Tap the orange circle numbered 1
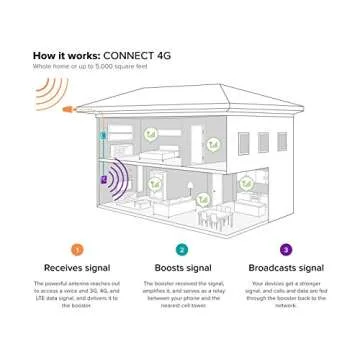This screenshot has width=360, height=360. [77, 249]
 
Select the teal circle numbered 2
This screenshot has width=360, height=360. [181, 249]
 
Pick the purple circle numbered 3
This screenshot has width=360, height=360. [286, 249]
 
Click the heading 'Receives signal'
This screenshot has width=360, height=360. [77, 267]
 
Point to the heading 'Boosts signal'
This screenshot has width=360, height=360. [181, 267]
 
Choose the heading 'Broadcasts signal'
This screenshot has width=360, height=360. [286, 267]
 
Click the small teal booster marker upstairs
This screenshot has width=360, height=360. [102, 135]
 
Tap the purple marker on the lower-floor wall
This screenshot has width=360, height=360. [102, 179]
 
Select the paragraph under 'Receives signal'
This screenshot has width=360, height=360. [77, 295]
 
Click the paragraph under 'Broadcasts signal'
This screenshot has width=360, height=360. [286, 295]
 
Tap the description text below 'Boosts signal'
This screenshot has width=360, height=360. [181, 295]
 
